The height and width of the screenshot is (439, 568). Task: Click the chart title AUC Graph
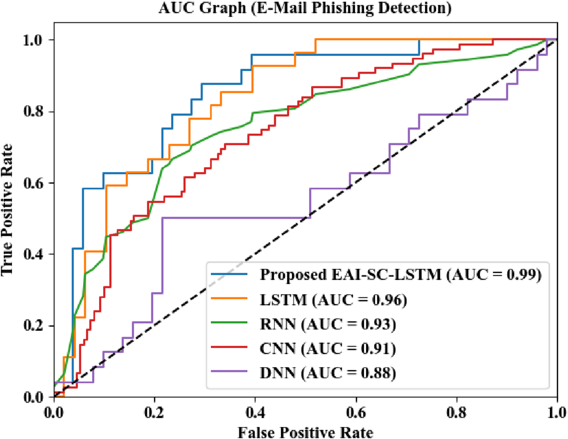click(305, 8)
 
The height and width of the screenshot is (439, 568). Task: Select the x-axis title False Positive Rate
click(305, 432)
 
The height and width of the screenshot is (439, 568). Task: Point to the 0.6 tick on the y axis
click(34, 183)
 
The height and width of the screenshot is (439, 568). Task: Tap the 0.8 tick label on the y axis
click(34, 112)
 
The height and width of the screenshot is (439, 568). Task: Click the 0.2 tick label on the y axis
click(34, 326)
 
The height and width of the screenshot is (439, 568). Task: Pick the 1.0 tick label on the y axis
click(34, 40)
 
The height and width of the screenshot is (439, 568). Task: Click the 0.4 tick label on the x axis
click(255, 412)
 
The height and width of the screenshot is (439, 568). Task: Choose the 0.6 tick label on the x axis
click(356, 412)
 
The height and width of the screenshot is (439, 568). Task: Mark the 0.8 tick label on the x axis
click(457, 412)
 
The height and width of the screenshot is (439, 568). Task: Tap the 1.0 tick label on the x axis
click(556, 412)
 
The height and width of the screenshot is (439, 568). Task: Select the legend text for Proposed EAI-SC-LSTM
click(401, 275)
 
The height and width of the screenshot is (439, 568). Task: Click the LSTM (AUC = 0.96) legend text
click(333, 300)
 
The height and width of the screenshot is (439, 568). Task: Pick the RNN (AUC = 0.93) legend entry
click(328, 324)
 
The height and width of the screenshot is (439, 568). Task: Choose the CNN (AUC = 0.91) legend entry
click(328, 348)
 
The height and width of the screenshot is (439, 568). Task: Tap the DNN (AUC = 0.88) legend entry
click(328, 373)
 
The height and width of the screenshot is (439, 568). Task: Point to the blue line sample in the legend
click(229, 274)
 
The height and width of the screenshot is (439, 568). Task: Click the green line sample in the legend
click(229, 323)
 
